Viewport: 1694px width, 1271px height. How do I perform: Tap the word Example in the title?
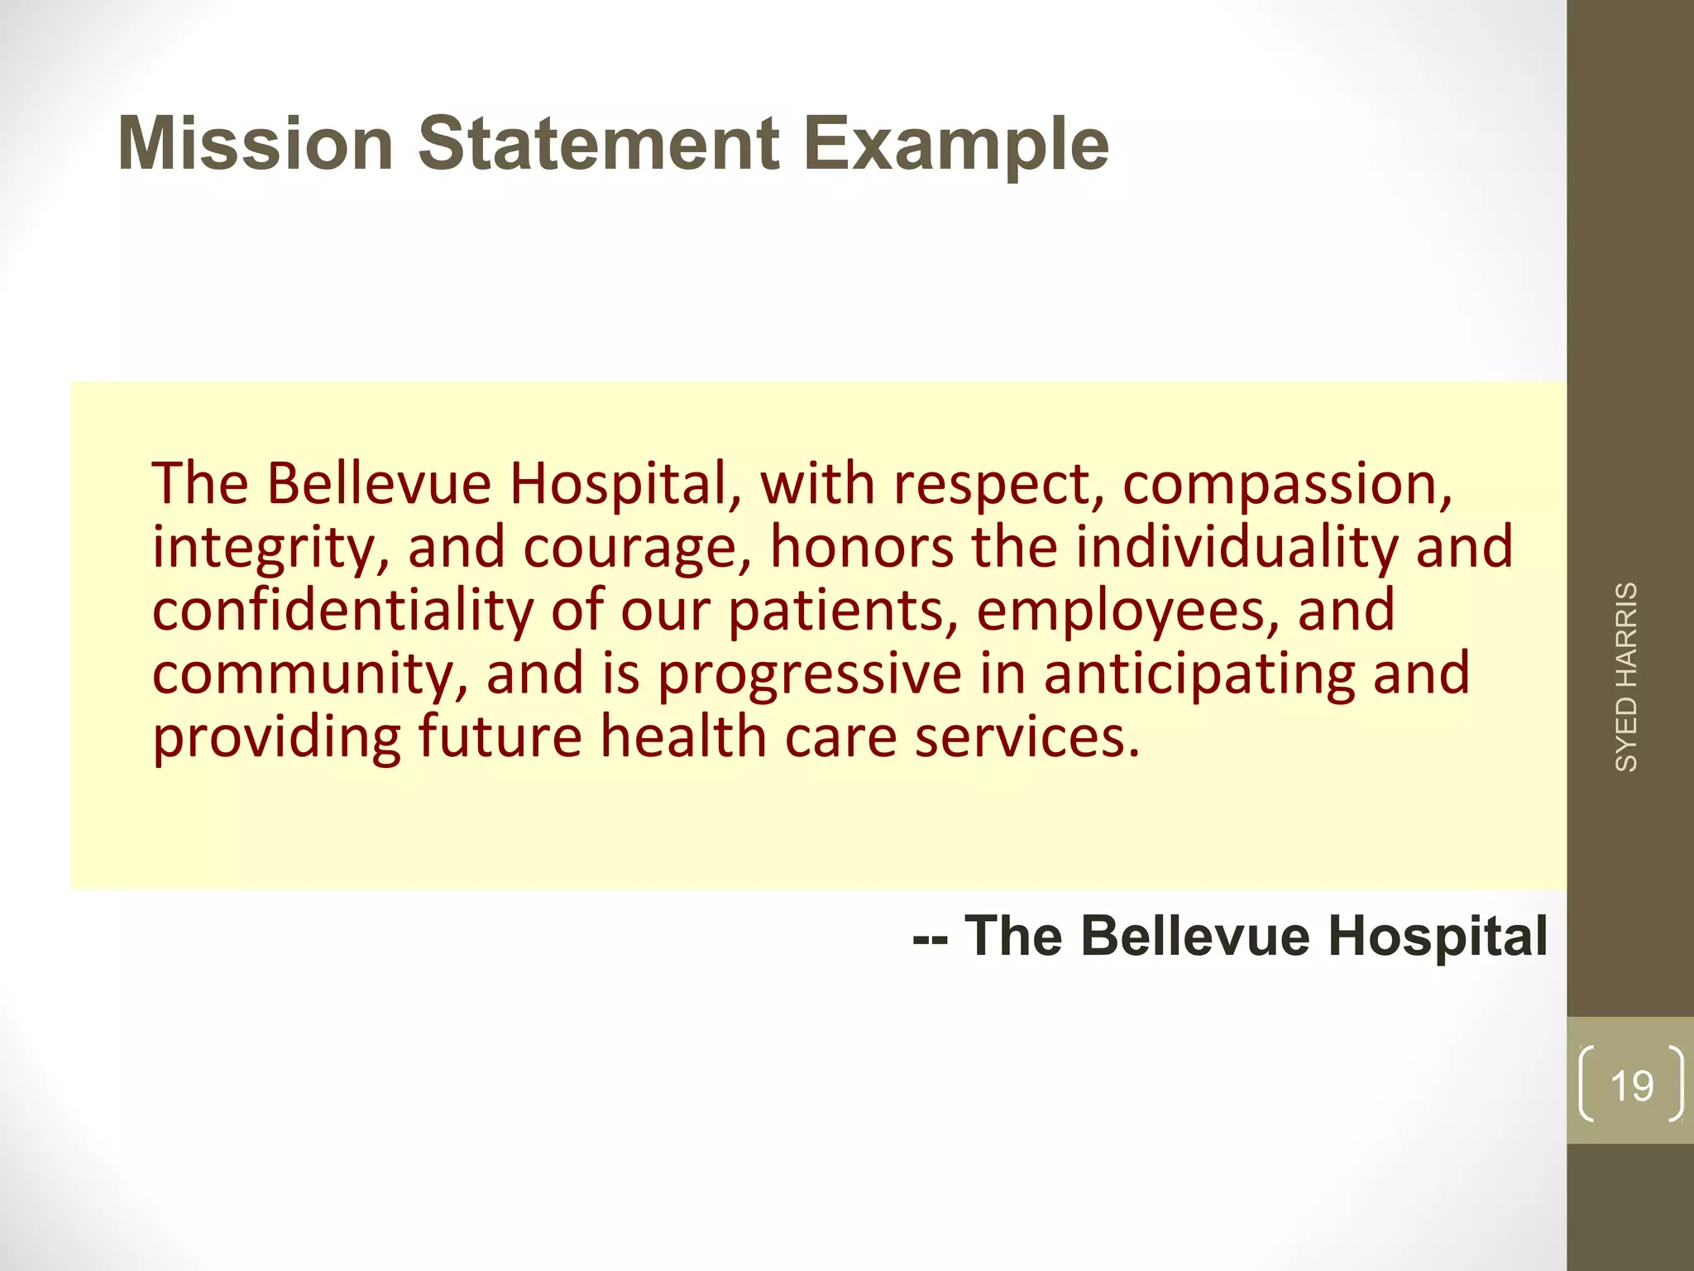pos(956,145)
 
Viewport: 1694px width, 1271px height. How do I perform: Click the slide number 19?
pos(1631,1086)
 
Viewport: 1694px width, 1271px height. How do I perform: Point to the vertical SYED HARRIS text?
pos(1626,677)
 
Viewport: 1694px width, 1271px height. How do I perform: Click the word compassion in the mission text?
pos(1286,484)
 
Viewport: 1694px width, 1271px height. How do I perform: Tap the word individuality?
pos(1236,547)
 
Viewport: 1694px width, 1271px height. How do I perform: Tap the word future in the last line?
pos(500,736)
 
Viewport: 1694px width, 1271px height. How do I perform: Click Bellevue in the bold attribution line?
pos(1195,936)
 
